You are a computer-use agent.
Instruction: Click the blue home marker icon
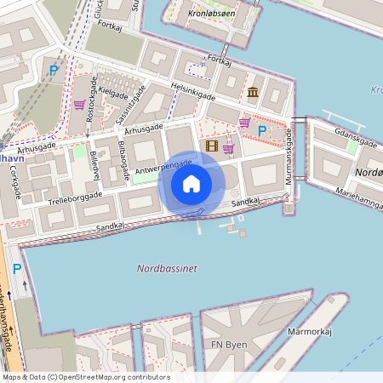coord(191,184)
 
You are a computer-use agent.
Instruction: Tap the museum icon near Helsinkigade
coord(253,92)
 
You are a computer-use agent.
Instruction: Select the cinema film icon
coord(211,146)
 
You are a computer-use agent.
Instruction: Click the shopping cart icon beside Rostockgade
coord(79,106)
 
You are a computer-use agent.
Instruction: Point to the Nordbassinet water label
coord(167,268)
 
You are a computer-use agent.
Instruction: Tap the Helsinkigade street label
coord(192,90)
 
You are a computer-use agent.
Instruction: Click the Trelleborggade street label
coord(75,198)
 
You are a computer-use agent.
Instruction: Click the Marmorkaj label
coord(309,330)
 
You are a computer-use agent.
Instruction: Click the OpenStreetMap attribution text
coord(85,377)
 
